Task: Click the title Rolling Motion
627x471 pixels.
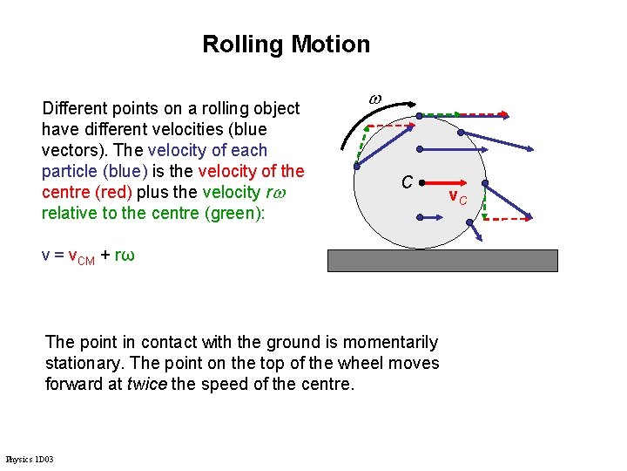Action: (x=286, y=44)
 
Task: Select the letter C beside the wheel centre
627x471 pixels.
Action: (x=406, y=183)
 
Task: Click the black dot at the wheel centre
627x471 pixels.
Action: (x=421, y=184)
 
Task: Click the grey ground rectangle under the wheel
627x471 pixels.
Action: (x=442, y=260)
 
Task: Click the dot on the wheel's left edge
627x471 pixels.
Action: (x=357, y=164)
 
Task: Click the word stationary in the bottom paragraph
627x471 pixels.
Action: (x=81, y=363)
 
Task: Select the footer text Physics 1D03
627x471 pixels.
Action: (x=29, y=459)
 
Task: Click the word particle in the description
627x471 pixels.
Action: (x=70, y=171)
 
